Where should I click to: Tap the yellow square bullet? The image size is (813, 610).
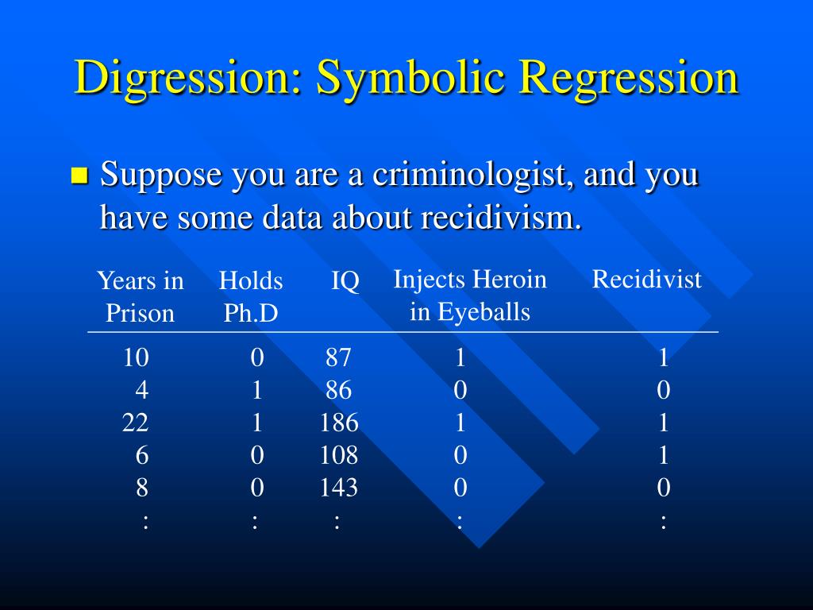tap(79, 176)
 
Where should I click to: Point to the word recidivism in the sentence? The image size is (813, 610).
tap(502, 217)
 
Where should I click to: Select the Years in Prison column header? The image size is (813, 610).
tap(140, 297)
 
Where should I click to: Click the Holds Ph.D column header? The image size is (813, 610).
tap(251, 297)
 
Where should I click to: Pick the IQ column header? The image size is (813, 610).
tap(345, 281)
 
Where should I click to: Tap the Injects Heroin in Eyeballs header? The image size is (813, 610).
tap(470, 295)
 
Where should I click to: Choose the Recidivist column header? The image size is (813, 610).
tap(646, 279)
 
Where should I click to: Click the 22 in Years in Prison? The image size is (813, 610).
tap(135, 423)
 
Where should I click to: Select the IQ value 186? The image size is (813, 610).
tap(339, 423)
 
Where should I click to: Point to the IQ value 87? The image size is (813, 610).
tap(338, 357)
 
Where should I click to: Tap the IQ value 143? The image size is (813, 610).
tap(338, 488)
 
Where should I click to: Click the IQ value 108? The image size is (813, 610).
tap(338, 455)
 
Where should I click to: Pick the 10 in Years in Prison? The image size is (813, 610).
tap(136, 357)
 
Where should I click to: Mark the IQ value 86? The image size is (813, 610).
tap(338, 390)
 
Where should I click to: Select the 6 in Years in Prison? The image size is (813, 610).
tap(142, 455)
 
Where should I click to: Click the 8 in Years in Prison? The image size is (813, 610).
tap(142, 488)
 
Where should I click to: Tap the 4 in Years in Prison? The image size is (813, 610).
tap(142, 390)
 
